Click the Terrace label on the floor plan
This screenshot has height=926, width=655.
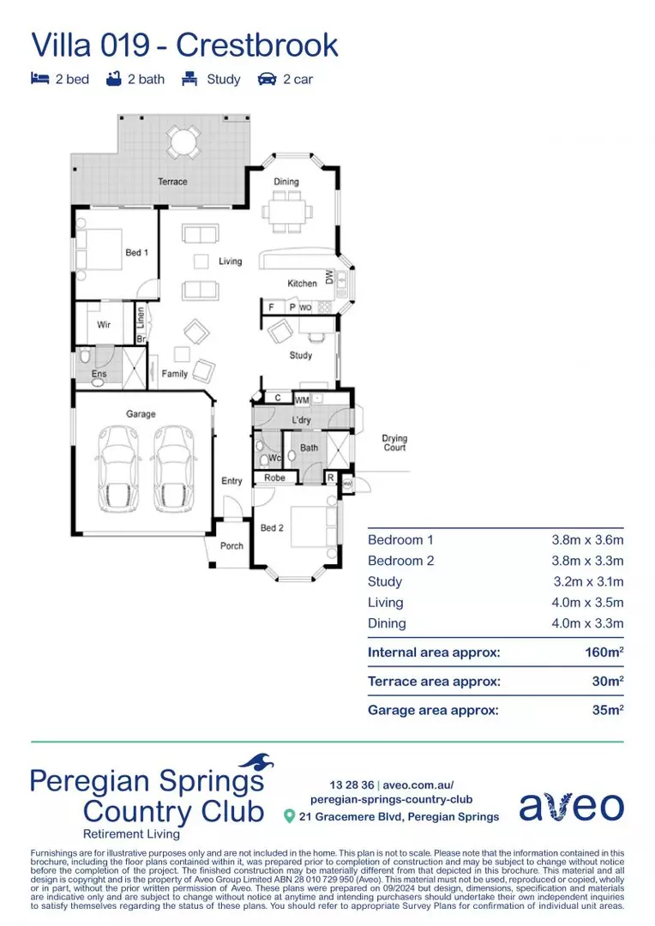pos(172,182)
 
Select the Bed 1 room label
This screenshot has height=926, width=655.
pos(137,253)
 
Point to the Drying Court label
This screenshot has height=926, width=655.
pos(394,443)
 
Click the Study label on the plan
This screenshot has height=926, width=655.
pos(300,355)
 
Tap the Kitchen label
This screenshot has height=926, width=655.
pos(302,284)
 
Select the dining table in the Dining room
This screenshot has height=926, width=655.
pos(285,210)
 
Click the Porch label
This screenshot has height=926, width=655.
pos(231,546)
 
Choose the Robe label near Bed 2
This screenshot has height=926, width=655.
pos(274,478)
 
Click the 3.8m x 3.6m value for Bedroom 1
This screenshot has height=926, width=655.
pos(587,540)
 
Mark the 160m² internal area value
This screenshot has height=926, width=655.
pos(604,652)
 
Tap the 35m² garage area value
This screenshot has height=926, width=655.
pos(607,710)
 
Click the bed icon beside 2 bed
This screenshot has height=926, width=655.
pos(39,80)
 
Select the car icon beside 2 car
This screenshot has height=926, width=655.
pos(267,80)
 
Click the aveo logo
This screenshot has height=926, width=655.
pos(571,805)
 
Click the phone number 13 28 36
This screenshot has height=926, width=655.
pos(352,785)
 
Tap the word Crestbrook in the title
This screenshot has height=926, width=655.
pos(257,45)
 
